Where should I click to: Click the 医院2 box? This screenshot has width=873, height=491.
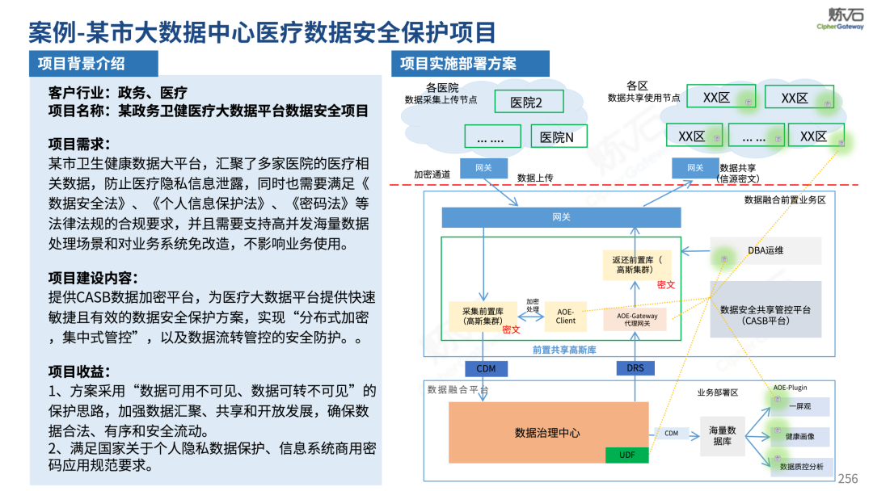pos(526,102)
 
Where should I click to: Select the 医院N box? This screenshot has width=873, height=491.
pos(558,137)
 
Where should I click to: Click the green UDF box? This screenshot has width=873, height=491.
pos(627,455)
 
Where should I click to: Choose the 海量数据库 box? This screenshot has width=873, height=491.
pos(722,435)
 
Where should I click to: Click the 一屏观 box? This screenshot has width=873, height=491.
pos(799,406)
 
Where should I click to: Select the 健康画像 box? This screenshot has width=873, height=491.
pos(799,436)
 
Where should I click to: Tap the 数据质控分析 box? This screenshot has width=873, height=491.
pos(799,466)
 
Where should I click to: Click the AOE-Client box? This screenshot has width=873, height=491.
pos(566,316)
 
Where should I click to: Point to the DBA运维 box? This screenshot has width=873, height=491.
pos(765,250)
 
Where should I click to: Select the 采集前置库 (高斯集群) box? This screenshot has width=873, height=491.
pos(482,316)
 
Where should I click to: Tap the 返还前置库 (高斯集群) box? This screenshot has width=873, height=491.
pos(637,265)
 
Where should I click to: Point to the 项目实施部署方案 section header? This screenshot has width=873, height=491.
pos(458,64)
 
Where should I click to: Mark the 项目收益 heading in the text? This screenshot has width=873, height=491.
pos(78,371)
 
